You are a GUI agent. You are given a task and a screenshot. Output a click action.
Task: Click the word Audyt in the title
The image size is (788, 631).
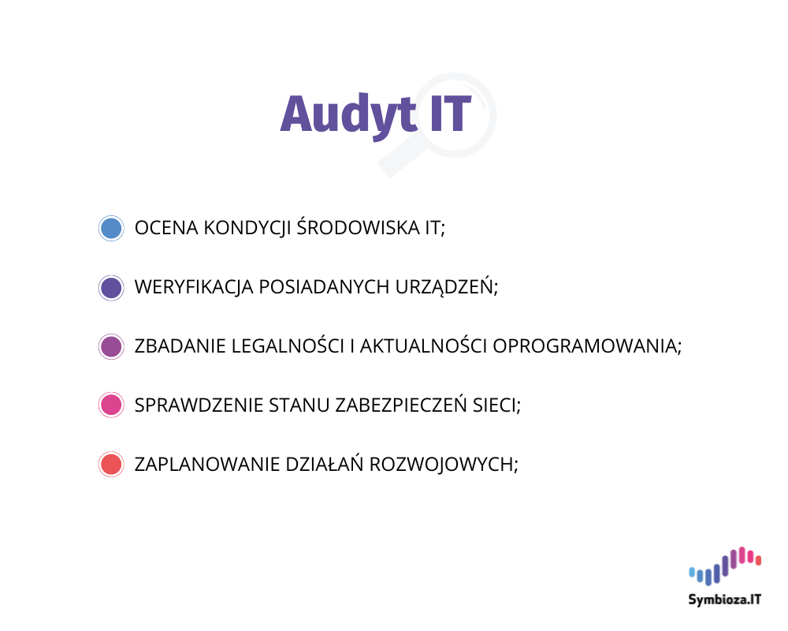coord(348,115)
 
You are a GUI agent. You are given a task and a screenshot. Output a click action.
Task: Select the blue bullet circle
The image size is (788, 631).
coord(111,228)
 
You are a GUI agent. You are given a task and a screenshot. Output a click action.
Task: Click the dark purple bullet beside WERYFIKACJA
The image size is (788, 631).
coord(111,287)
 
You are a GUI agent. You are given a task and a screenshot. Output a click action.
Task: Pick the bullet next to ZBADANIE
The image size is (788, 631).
coord(111,346)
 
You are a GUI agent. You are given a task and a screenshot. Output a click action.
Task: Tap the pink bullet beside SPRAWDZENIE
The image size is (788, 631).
coord(111,405)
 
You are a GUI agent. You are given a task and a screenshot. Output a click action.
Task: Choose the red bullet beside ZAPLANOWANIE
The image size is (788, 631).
coord(111,465)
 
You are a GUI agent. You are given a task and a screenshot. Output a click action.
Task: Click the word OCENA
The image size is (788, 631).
coord(166,228)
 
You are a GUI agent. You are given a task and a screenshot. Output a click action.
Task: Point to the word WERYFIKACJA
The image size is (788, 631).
coord(194,287)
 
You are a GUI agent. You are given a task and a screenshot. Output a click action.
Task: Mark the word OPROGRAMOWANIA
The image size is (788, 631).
coord(586,346)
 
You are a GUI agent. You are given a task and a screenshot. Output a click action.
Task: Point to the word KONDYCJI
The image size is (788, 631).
coord(247,228)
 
